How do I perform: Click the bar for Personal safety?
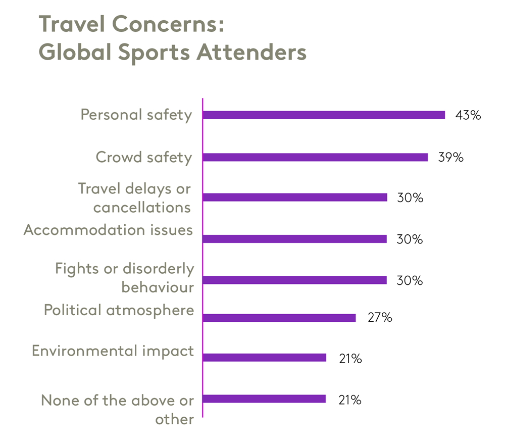click(x=324, y=115)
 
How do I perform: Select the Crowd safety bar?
click(x=315, y=157)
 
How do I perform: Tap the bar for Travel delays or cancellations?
click(x=295, y=198)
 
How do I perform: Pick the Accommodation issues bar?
click(x=295, y=239)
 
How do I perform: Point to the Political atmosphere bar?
click(x=279, y=318)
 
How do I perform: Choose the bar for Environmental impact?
click(x=264, y=358)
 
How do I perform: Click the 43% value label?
click(x=468, y=115)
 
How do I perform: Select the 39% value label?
click(x=450, y=157)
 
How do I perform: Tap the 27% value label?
click(x=379, y=318)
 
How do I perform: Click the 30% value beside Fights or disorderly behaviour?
click(x=410, y=280)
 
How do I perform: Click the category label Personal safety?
click(x=136, y=115)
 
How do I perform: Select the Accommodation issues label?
click(x=109, y=230)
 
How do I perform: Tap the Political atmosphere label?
click(x=119, y=310)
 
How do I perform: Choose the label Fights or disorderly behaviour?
click(x=125, y=278)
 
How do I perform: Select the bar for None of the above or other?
click(x=264, y=399)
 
